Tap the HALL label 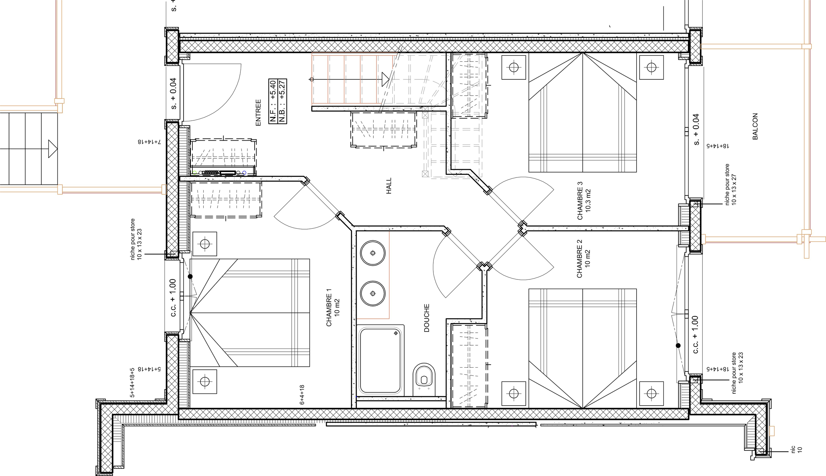tap(389, 186)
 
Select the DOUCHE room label tap(427, 318)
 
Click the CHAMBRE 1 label tap(329, 307)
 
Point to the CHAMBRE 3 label tap(580, 201)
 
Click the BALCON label tap(755, 127)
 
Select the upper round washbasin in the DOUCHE tap(373, 253)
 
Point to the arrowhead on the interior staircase tap(386, 79)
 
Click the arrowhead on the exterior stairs tap(53, 149)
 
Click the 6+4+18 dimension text tap(302, 395)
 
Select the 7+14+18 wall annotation tap(149, 142)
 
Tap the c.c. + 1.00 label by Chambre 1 tap(173, 298)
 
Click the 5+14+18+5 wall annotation tap(132, 382)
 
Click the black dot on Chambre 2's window tap(678, 346)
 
